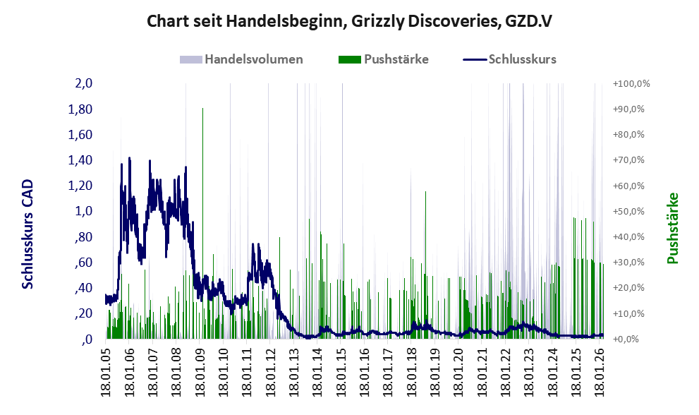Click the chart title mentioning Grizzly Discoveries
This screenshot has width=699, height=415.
[350, 21]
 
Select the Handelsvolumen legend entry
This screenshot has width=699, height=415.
[241, 59]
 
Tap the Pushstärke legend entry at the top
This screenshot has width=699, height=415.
[384, 59]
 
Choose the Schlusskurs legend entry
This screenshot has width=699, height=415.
[509, 59]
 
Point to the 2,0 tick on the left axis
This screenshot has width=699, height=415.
[84, 83]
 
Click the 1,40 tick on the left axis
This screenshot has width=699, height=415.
[80, 160]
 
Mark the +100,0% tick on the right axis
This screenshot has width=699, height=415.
[631, 83]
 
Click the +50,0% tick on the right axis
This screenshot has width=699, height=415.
[629, 211]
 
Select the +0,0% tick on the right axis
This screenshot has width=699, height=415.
[626, 339]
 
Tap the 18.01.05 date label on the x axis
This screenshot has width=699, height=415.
[106, 372]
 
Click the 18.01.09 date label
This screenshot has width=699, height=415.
[200, 372]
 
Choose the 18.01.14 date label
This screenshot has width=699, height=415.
[317, 372]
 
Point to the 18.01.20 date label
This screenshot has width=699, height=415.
[458, 372]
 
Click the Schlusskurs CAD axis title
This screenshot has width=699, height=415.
[28, 234]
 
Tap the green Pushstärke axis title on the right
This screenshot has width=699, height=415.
[672, 228]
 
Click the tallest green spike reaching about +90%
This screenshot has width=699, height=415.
[203, 223]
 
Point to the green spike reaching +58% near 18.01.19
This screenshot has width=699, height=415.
[426, 265]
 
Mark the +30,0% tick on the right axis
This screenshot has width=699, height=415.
[629, 263]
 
